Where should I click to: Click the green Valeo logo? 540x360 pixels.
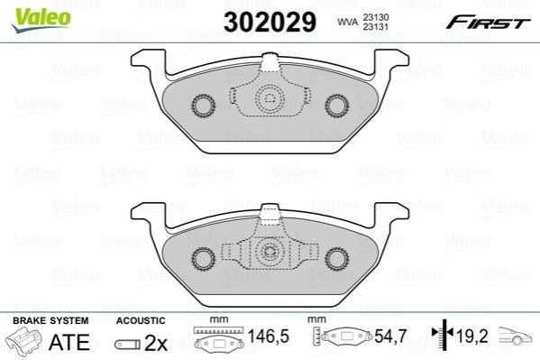[41, 20]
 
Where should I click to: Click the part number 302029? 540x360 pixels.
[270, 22]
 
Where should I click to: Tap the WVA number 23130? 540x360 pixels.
[375, 17]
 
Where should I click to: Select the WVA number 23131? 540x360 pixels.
[375, 26]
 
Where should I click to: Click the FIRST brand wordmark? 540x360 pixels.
[488, 23]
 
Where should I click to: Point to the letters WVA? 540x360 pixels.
[347, 22]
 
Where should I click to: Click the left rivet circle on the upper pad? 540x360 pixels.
[203, 106]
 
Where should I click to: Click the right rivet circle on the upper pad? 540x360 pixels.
[337, 106]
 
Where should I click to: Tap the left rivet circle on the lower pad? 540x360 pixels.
[203, 259]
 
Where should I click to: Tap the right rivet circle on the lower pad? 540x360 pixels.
[337, 259]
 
